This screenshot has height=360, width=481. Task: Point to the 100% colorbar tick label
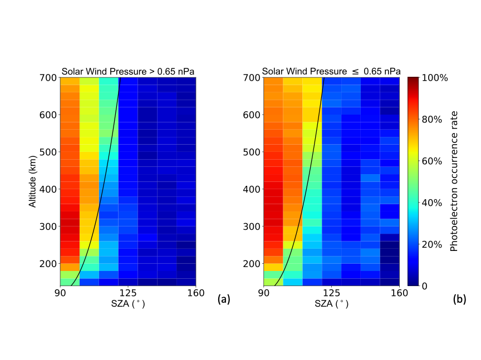pyautogui.click(x=435, y=78)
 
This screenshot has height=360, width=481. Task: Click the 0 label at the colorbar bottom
pyautogui.click(x=424, y=285)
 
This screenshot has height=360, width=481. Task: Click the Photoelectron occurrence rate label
pyautogui.click(x=454, y=181)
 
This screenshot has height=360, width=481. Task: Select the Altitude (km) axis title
pyautogui.click(x=33, y=181)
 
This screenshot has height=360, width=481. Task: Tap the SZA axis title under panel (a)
pyautogui.click(x=128, y=304)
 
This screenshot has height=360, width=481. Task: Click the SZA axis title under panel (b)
pyautogui.click(x=331, y=304)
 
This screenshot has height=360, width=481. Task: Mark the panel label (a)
pyautogui.click(x=223, y=299)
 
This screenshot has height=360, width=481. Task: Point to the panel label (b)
pyautogui.click(x=459, y=299)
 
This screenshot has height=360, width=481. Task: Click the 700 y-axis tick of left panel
pyautogui.click(x=48, y=78)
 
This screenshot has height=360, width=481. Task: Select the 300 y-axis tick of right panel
pyautogui.click(x=252, y=226)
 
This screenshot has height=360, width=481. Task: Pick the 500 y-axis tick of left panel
pyautogui.click(x=48, y=152)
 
